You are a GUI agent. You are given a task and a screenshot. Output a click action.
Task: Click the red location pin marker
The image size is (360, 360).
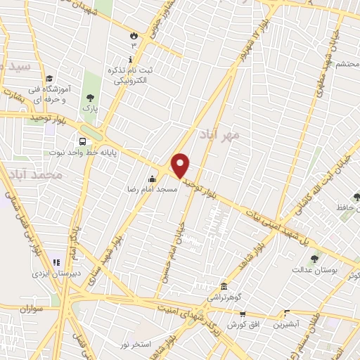181,166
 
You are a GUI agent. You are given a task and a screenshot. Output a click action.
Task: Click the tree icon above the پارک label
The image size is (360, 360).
89,98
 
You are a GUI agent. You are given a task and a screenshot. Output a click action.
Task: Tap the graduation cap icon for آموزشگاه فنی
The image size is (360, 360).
49,79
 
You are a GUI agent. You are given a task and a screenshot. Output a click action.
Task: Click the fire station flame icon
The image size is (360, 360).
133,34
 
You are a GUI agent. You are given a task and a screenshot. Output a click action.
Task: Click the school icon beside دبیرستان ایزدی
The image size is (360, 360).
37,264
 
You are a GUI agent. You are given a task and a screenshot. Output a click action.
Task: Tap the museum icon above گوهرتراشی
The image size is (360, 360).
224,287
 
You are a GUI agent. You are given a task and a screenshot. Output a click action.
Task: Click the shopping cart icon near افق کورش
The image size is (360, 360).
242,315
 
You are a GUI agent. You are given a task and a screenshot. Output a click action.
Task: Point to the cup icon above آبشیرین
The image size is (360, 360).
286,314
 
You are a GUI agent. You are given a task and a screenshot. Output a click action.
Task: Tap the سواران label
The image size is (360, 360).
32,308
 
